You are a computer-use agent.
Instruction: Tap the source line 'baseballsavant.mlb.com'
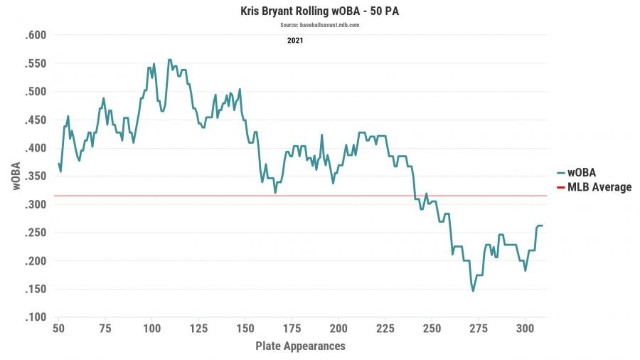[319, 25]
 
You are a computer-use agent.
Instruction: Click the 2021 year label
[295, 41]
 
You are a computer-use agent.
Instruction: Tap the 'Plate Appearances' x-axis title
[300, 346]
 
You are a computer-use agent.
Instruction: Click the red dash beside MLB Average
[560, 188]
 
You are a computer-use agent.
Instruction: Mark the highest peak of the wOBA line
[169, 60]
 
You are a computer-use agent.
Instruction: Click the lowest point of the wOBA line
[473, 291]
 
